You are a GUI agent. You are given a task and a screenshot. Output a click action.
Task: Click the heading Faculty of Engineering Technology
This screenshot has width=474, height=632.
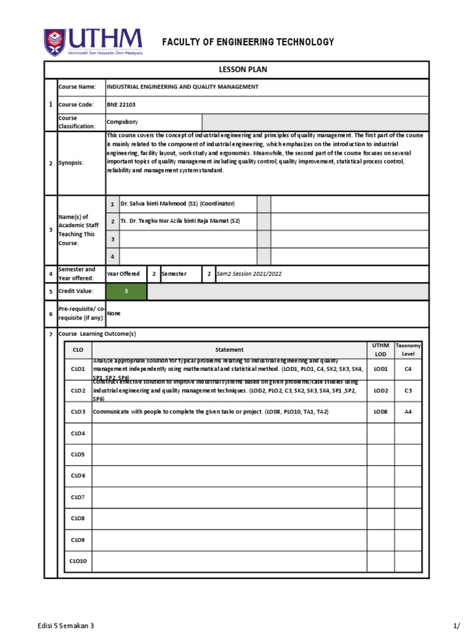[247, 42]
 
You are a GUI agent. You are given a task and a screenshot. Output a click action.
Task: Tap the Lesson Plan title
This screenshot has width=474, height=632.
[236, 70]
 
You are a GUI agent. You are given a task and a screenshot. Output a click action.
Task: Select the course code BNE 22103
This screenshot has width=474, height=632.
[121, 105]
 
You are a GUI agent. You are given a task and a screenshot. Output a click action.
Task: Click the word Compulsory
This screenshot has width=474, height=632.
[122, 122]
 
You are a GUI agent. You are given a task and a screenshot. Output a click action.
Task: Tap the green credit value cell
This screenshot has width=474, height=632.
[126, 291]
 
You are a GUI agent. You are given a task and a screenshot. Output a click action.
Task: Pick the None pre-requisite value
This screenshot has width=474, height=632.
[114, 314]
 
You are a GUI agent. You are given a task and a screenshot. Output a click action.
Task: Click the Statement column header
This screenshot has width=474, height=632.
[229, 349]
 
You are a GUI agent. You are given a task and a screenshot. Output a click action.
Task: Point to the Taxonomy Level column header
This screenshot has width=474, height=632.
[408, 349]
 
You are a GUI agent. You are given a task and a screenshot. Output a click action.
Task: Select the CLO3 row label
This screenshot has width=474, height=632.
[78, 412]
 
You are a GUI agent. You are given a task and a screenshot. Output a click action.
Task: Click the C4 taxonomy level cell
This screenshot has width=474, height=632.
[408, 368]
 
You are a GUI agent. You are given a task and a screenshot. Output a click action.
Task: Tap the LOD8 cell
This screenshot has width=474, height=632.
[381, 412]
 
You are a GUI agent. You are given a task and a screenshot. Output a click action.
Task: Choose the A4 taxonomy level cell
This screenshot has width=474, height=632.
[408, 412]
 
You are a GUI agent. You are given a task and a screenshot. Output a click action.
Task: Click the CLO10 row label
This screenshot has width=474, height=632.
[78, 561]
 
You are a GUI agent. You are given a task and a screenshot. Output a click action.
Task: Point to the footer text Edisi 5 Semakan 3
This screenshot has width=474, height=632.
[66, 625]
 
